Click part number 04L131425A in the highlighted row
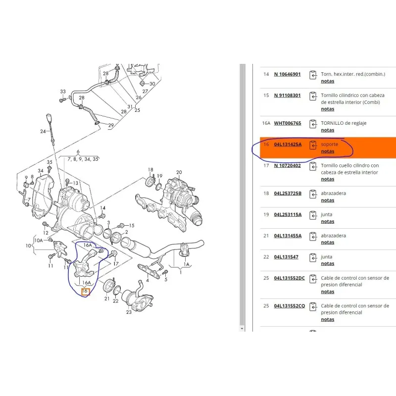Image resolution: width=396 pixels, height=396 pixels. [288, 145]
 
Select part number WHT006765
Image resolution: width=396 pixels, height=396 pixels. [288, 123]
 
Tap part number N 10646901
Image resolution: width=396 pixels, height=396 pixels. [287, 74]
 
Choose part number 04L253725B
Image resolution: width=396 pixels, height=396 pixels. [288, 194]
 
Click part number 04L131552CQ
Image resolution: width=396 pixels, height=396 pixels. [290, 306]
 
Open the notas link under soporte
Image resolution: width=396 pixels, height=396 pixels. [328, 151]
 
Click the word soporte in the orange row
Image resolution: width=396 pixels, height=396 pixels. [329, 145]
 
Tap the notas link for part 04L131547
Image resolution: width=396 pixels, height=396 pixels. [328, 263]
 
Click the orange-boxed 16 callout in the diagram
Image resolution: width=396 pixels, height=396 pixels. [85, 291]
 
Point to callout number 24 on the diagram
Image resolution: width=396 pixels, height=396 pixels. [43, 131]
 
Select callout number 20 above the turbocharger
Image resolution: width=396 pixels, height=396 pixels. [179, 172]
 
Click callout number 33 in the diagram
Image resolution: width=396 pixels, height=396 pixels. [63, 92]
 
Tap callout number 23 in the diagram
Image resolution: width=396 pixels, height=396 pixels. [129, 312]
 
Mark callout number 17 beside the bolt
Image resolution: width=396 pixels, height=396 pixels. [116, 264]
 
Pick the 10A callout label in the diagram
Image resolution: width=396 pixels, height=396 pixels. [39, 241]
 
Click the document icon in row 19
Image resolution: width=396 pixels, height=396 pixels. [313, 215]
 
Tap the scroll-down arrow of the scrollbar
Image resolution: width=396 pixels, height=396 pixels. [242, 329]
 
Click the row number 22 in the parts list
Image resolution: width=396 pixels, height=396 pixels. [266, 257]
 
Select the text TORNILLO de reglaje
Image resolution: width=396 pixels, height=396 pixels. [344, 123]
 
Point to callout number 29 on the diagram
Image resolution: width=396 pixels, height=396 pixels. [111, 125]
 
